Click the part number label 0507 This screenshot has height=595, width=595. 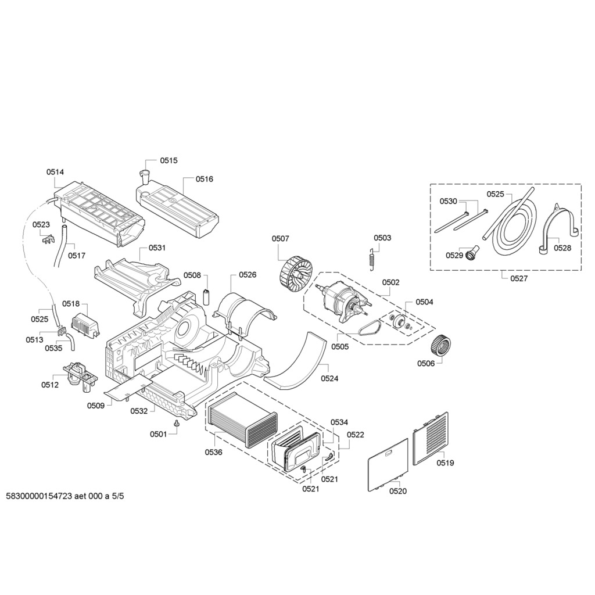pos(280,238)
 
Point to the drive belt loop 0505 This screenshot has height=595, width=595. pos(368,330)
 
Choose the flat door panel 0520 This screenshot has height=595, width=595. pos(388,464)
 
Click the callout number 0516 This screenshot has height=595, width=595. pos(204,179)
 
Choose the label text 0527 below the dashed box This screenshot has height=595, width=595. pos(519,278)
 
